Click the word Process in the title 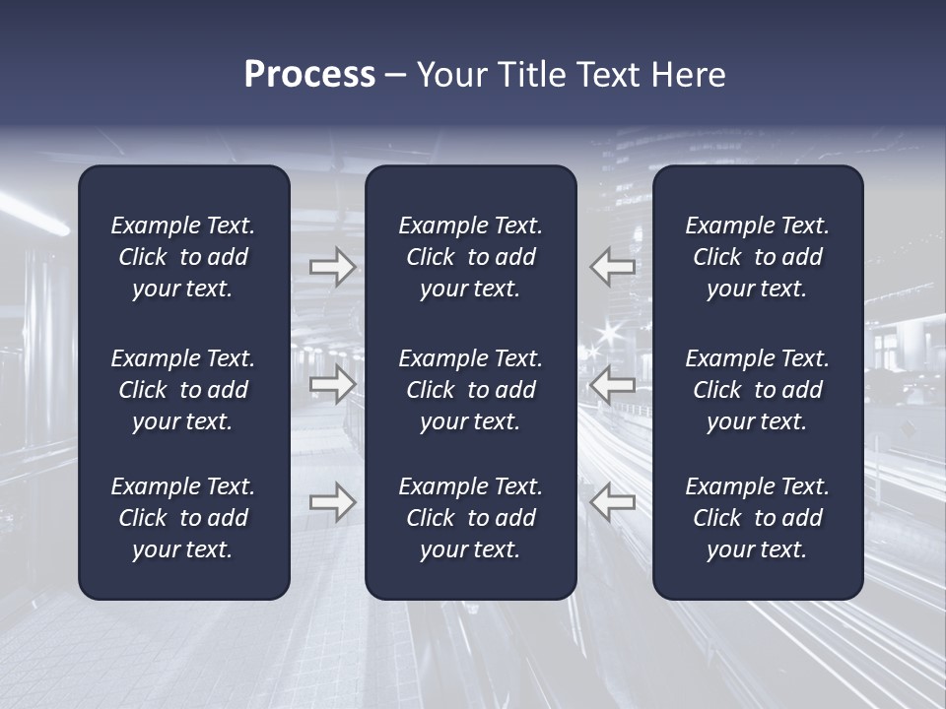pyautogui.click(x=309, y=75)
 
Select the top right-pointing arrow pyautogui.click(x=332, y=267)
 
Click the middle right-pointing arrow pyautogui.click(x=332, y=384)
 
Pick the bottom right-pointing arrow pyautogui.click(x=332, y=501)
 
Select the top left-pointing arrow pyautogui.click(x=612, y=267)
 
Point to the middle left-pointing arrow pyautogui.click(x=612, y=384)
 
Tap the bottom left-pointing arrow pyautogui.click(x=612, y=501)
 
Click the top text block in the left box pyautogui.click(x=183, y=257)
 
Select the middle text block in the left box pyautogui.click(x=183, y=390)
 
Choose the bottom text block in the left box pyautogui.click(x=183, y=518)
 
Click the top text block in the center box pyautogui.click(x=471, y=257)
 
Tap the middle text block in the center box pyautogui.click(x=471, y=390)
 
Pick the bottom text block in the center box pyautogui.click(x=471, y=518)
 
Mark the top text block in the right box pyautogui.click(x=758, y=257)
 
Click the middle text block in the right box pyautogui.click(x=758, y=390)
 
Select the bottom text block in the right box pyautogui.click(x=758, y=518)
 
